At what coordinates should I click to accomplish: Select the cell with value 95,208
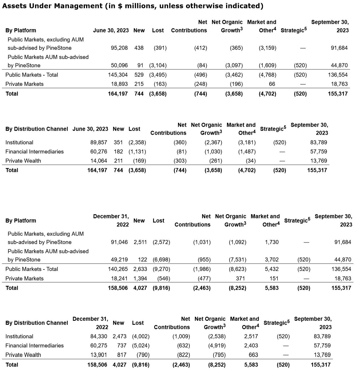[x=119, y=48]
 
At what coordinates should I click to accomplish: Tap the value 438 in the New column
[x=139, y=48]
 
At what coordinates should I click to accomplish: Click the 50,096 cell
[x=119, y=65]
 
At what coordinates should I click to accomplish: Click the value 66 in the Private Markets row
[x=272, y=84]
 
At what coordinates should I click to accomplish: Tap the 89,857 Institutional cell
[x=99, y=142]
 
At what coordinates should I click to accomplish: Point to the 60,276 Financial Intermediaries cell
[x=99, y=152]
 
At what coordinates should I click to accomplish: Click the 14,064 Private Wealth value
[x=99, y=161]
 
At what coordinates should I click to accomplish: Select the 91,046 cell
[x=119, y=242]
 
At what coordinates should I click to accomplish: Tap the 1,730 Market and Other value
[x=272, y=242]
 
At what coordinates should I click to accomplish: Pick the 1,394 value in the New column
[x=140, y=278]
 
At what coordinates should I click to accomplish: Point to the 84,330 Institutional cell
[x=99, y=336]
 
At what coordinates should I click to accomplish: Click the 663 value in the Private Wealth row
[x=253, y=355]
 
